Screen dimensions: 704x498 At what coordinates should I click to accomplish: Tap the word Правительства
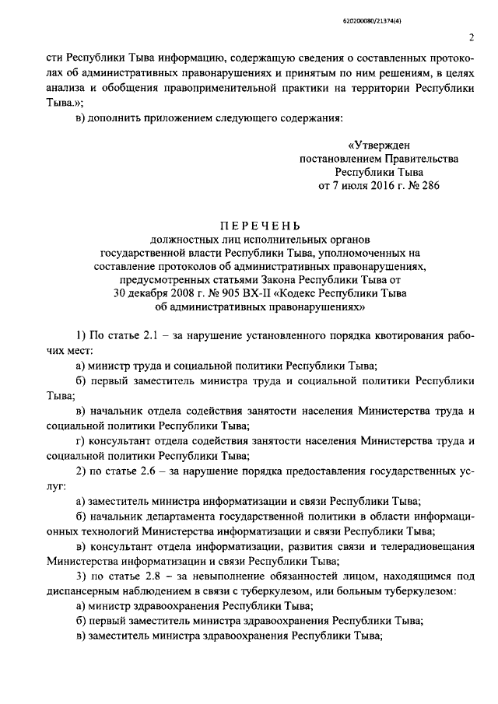point(421,159)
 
